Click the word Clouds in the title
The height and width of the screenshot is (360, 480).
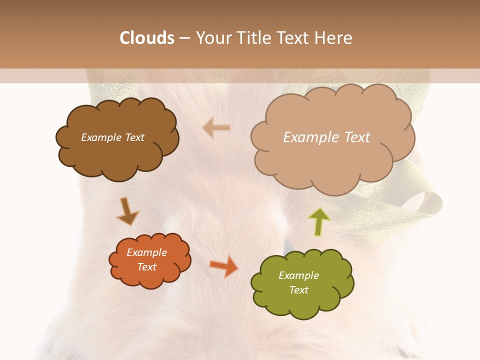147,38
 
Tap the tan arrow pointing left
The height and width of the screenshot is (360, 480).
216,128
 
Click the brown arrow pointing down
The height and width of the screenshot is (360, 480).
127,211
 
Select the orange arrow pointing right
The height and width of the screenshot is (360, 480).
224,265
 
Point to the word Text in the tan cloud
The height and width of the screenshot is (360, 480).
356,137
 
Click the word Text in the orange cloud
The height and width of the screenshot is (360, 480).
147,267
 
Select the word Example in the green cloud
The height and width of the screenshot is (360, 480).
298,275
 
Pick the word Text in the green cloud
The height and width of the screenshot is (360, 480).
298,290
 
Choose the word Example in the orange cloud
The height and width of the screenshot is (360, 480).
147,252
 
